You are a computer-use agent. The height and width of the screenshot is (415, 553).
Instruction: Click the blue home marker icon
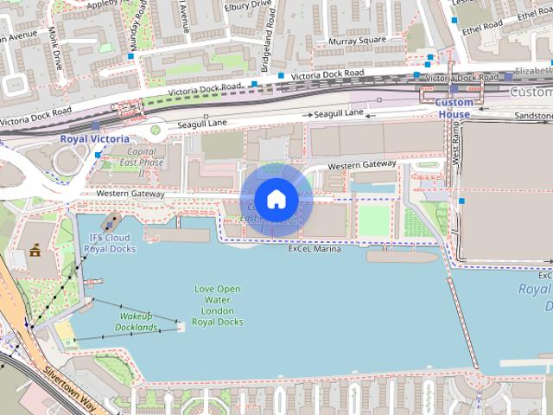[276, 199]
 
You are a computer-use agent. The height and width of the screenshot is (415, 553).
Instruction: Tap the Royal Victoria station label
[94, 138]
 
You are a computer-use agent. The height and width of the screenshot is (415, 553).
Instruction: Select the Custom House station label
[454, 108]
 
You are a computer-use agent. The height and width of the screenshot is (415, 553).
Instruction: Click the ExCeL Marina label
[315, 249]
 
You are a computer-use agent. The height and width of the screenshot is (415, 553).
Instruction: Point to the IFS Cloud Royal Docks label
[110, 243]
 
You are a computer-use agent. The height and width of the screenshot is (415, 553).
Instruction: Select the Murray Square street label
[356, 41]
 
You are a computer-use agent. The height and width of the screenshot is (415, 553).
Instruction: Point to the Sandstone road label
[532, 115]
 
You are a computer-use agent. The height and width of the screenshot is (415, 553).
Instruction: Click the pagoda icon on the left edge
[35, 251]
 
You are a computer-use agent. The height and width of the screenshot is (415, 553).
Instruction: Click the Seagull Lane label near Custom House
[339, 114]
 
